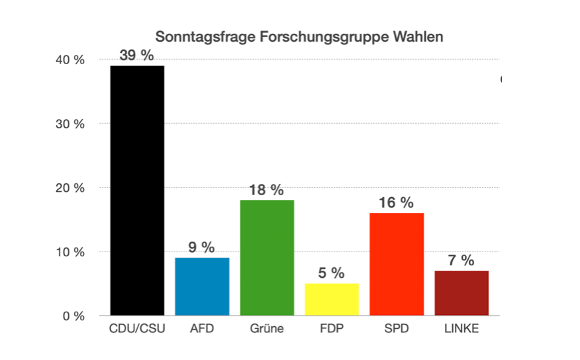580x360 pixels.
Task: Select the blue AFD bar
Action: click(x=202, y=287)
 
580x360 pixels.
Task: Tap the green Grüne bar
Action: click(x=267, y=257)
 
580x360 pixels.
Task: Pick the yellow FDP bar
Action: click(x=332, y=299)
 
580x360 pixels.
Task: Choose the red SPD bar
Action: click(x=397, y=264)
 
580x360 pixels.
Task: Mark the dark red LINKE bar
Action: click(x=461, y=293)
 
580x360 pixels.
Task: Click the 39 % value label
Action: click(x=137, y=56)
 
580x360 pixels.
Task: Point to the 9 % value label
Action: click(x=202, y=247)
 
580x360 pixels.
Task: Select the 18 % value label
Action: click(x=266, y=190)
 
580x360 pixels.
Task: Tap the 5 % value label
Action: click(x=331, y=273)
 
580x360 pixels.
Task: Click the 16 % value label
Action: click(x=396, y=202)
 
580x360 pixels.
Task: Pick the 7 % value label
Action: click(x=461, y=261)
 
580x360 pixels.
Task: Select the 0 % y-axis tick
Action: click(x=74, y=316)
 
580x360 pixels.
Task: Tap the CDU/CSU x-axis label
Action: click(x=137, y=329)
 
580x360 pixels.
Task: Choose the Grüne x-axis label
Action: click(x=267, y=329)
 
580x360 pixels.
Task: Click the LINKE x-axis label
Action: click(x=461, y=329)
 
